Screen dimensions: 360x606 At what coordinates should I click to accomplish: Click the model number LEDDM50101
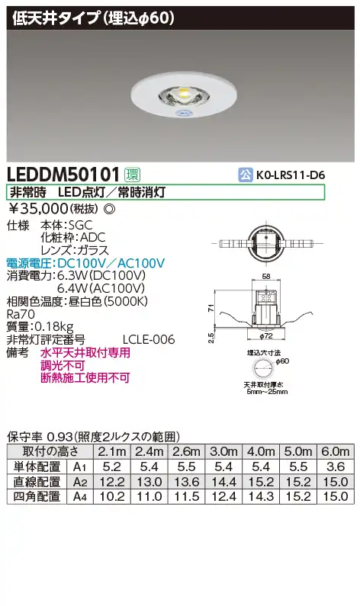[64, 175]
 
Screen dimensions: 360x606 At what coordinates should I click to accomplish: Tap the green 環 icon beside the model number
[132, 175]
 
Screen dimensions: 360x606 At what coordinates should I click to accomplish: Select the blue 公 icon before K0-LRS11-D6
[245, 175]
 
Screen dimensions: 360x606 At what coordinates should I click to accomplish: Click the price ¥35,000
[38, 209]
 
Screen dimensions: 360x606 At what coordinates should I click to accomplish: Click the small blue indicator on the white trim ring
[181, 113]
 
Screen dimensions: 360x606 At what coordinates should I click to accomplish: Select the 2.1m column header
[112, 451]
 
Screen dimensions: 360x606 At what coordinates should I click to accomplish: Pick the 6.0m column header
[336, 451]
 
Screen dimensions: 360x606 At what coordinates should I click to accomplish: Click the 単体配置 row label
[37, 467]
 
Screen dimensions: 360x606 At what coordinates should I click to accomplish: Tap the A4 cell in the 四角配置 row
[79, 497]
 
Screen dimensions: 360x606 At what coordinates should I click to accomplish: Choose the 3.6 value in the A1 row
[336, 467]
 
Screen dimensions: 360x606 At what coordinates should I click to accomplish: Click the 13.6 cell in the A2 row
[186, 482]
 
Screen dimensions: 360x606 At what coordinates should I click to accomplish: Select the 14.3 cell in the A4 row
[261, 497]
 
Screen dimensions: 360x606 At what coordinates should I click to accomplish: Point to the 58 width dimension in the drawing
[266, 277]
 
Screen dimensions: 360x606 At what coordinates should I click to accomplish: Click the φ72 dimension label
[266, 336]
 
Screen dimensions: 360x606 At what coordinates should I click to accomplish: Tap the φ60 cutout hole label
[283, 361]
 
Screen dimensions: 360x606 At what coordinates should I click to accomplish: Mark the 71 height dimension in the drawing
[211, 309]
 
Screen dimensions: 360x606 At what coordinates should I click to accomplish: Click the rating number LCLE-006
[149, 339]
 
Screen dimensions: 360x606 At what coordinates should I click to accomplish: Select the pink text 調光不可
[63, 365]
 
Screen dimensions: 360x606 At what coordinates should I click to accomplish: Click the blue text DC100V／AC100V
[111, 263]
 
